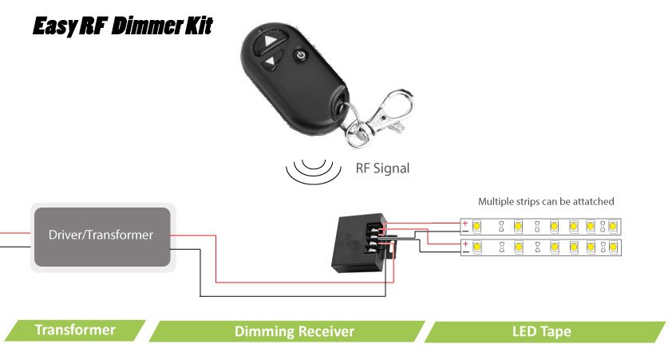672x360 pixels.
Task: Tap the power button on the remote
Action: (x=300, y=56)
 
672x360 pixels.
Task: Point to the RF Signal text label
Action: (x=382, y=168)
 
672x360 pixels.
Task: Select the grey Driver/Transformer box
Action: (x=101, y=236)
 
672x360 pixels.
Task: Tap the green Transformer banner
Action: (x=75, y=330)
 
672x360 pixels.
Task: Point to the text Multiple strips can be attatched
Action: (x=546, y=202)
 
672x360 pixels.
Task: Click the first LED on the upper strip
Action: (x=476, y=226)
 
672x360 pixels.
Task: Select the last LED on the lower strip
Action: (x=612, y=247)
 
